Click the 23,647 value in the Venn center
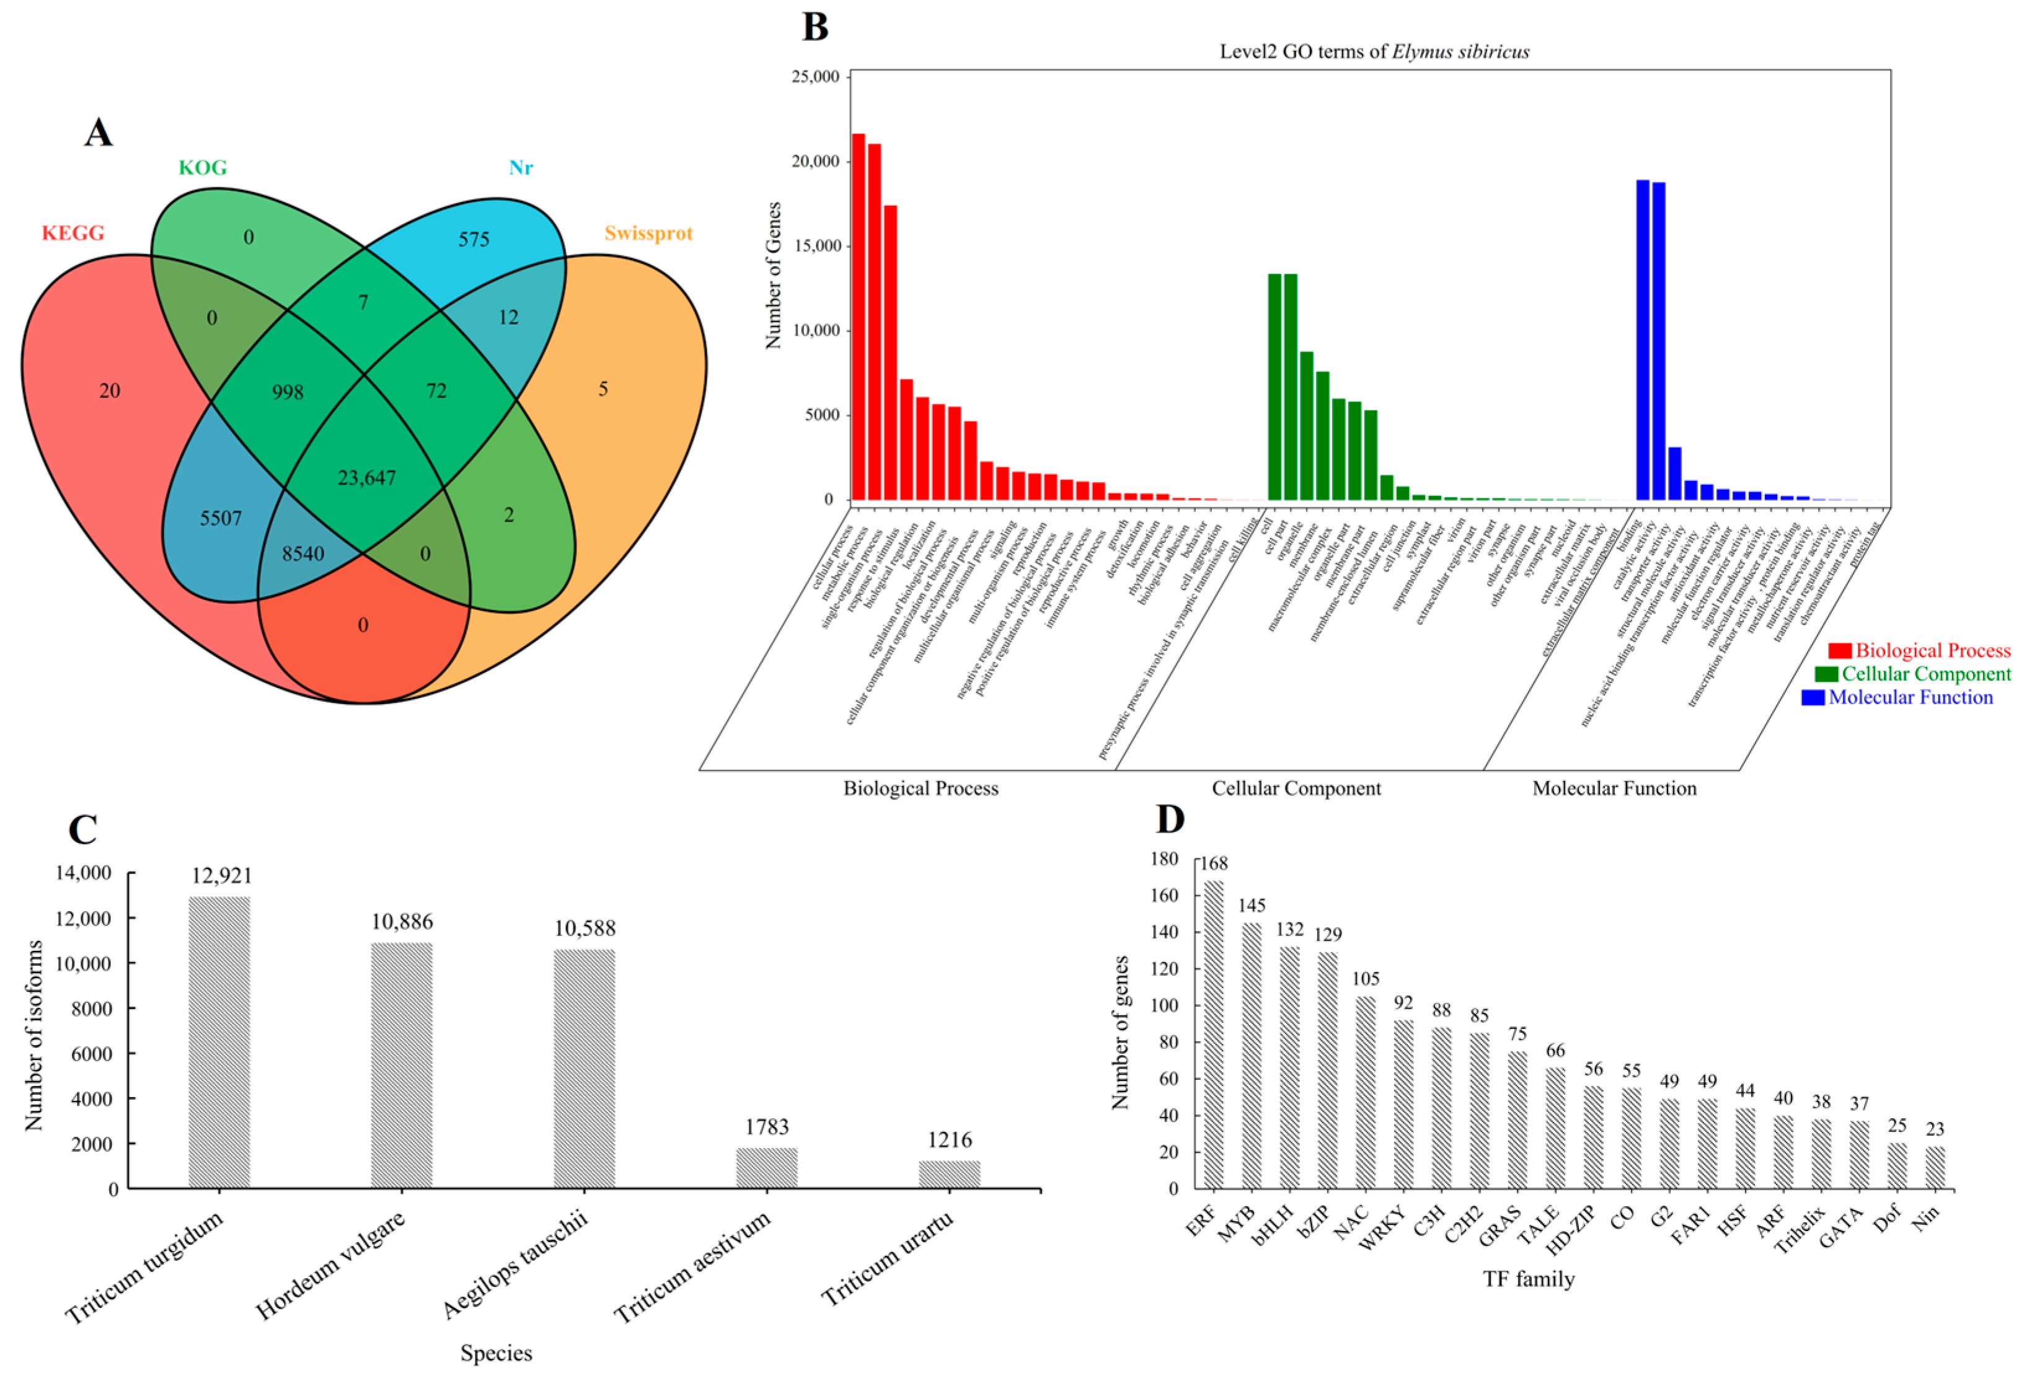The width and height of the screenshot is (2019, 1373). (366, 477)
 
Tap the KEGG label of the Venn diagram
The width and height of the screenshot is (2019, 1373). (73, 233)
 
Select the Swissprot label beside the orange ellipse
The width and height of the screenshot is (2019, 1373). (648, 233)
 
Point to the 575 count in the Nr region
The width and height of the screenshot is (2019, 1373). (474, 239)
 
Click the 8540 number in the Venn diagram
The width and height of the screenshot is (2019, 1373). (303, 554)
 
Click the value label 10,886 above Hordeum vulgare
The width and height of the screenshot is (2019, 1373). (401, 921)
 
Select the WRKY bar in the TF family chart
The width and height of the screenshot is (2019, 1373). (1403, 1103)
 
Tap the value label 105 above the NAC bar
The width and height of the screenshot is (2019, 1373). (1366, 979)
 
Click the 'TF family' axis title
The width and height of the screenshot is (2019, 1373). (1528, 1278)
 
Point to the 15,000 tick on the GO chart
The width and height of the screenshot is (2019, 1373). (815, 246)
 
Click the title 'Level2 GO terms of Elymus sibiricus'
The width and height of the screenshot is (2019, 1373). (1374, 51)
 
